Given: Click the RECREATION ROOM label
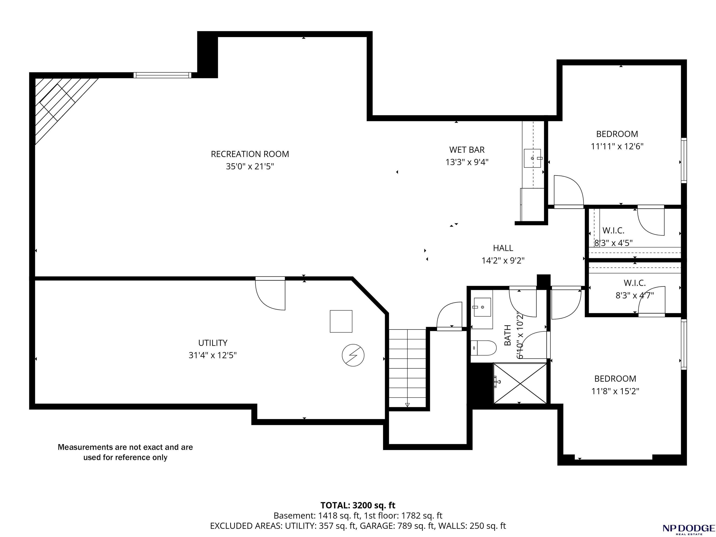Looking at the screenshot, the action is (x=250, y=154).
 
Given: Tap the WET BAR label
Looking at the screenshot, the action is (x=467, y=150).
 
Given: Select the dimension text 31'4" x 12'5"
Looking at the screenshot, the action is (x=213, y=355).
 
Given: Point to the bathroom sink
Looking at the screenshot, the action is (x=482, y=307).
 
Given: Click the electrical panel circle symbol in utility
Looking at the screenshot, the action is (x=353, y=355).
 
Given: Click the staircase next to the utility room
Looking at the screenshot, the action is (x=407, y=368).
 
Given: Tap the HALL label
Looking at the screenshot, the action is (x=503, y=248).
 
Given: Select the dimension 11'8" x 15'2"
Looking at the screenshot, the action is (x=615, y=391).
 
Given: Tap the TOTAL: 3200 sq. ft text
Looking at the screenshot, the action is (x=358, y=505).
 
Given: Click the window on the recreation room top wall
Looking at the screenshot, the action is (x=162, y=75).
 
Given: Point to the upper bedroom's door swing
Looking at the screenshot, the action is (x=569, y=191).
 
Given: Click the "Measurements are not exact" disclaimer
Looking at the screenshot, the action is (x=125, y=452).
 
